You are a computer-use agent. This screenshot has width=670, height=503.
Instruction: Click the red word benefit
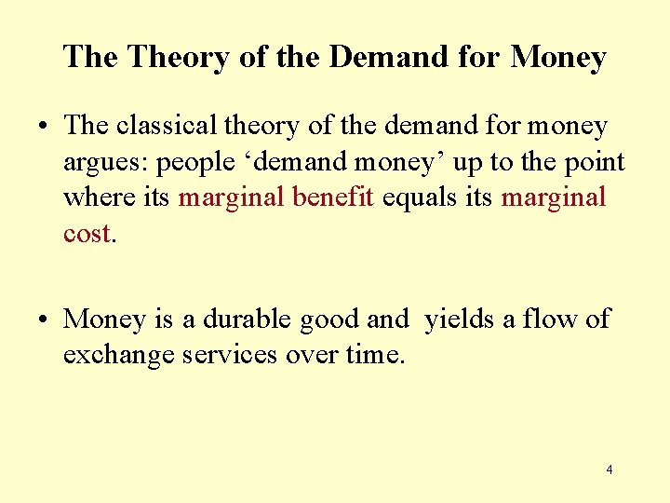(x=341, y=197)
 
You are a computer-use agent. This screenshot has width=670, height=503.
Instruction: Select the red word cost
(x=87, y=233)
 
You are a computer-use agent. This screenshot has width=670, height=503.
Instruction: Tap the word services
(x=228, y=355)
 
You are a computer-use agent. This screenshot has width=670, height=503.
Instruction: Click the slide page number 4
(x=610, y=469)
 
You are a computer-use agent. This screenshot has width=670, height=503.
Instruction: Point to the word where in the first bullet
(x=91, y=197)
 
